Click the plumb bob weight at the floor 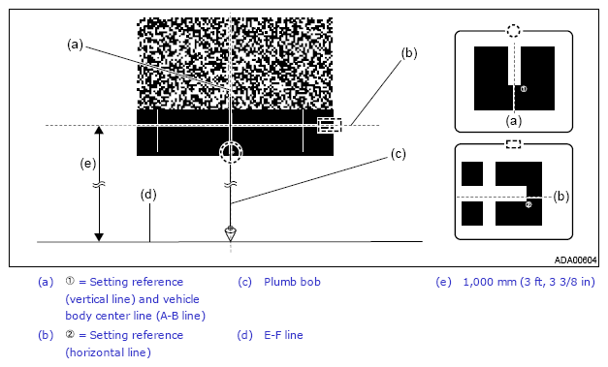coord(231,233)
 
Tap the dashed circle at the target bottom coord(231,142)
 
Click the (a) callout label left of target coord(75,45)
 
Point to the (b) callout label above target coord(409,53)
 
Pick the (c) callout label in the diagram coord(398,154)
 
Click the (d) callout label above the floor coord(148,195)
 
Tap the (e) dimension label coord(88,164)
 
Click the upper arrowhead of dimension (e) coord(99,130)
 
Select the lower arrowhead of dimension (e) coord(99,237)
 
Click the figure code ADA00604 coord(575,260)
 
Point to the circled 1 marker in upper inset coord(524,89)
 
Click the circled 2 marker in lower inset coord(528,204)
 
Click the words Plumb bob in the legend coord(292,282)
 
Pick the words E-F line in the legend coord(283,335)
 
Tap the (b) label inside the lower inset coord(561,197)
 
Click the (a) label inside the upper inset coord(514,121)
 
